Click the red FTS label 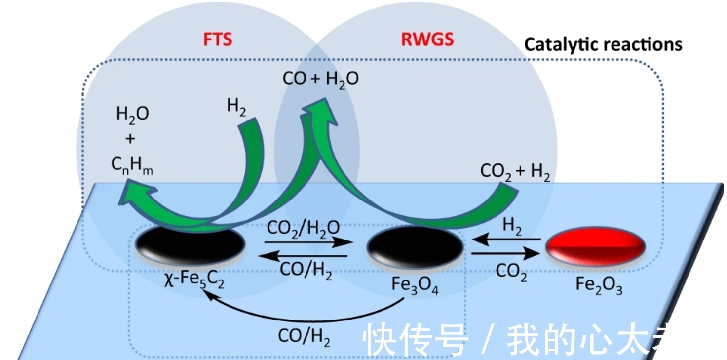pos(218,40)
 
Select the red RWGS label pos(427,40)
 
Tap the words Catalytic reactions pos(603,45)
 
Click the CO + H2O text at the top pos(320,80)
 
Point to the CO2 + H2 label pos(515,172)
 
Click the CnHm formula pos(132,167)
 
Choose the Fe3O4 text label pos(414,285)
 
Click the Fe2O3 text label pos(599,285)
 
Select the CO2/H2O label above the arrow pos(303,228)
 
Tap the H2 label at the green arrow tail pos(236,107)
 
